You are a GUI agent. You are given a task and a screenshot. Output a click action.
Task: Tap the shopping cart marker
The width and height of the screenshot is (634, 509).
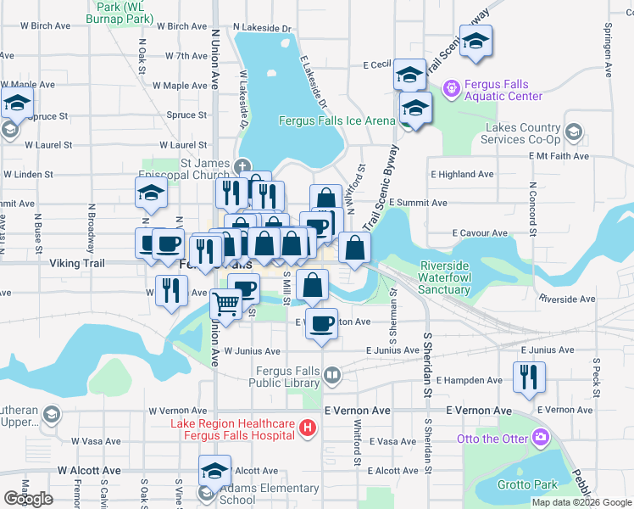pos(225,302)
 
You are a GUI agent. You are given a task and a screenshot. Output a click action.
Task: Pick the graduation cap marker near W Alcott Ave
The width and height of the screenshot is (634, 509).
pos(215,471)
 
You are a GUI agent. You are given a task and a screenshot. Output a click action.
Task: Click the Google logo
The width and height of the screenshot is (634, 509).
pos(28,498)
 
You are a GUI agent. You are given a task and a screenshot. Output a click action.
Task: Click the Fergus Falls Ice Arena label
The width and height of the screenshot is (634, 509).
pos(337,120)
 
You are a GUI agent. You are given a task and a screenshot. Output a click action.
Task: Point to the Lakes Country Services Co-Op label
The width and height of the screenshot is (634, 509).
pos(522,133)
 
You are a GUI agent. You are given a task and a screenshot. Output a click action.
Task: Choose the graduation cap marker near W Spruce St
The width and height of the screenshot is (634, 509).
pos(15,104)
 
